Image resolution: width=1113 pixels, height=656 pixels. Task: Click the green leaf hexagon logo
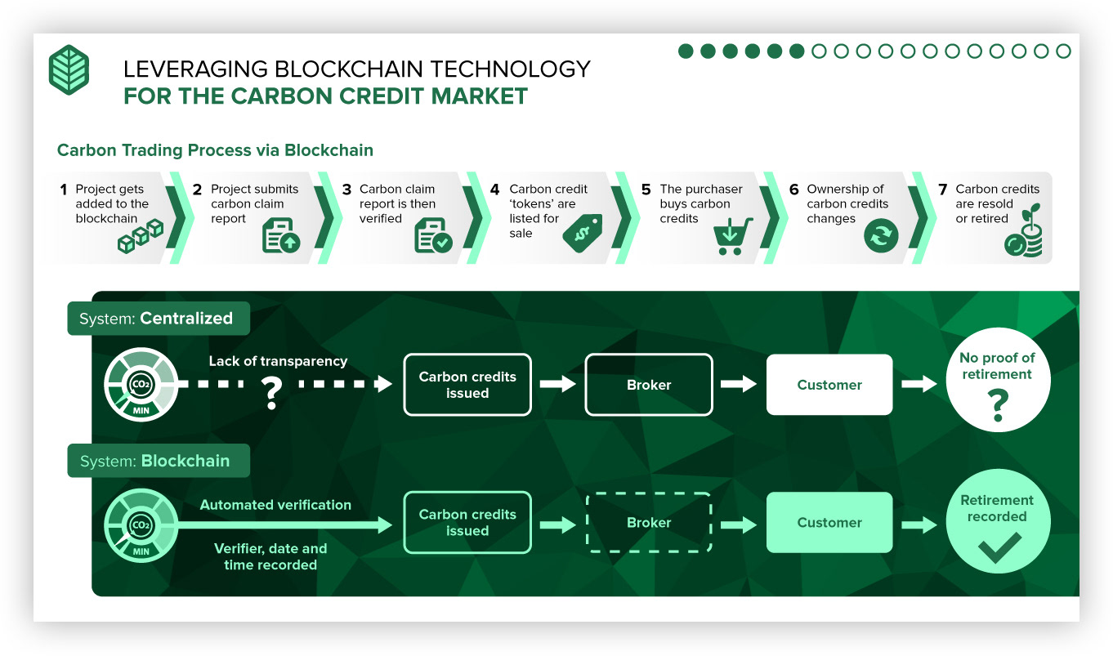point(69,69)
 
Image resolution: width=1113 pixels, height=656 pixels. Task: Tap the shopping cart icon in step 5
point(732,236)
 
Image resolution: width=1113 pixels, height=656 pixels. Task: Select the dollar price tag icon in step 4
point(583,234)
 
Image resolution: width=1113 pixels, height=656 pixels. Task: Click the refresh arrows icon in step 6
point(881,235)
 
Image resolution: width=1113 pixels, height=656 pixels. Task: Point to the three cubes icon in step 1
point(141,236)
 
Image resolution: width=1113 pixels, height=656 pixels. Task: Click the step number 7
point(942,190)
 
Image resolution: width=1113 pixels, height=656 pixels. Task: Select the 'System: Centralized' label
point(159,319)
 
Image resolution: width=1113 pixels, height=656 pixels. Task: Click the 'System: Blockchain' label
point(159,460)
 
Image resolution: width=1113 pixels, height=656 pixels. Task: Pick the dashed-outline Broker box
point(649,522)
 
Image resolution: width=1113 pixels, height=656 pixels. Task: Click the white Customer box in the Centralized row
point(829,384)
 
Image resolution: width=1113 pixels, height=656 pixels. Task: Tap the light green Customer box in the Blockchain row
point(829,522)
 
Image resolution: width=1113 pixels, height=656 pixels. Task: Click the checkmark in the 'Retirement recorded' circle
point(999,547)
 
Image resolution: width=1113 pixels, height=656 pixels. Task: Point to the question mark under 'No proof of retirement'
point(998,405)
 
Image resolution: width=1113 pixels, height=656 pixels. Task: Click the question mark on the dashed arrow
point(271,393)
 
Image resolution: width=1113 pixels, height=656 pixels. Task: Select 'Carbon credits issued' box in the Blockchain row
point(467,522)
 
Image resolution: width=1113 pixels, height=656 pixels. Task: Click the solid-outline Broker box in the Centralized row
point(649,384)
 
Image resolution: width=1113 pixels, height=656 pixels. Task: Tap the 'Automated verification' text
point(275,505)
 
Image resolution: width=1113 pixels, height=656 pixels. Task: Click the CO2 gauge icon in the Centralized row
point(141,384)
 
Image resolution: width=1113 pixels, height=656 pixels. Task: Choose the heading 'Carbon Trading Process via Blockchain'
point(215,150)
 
